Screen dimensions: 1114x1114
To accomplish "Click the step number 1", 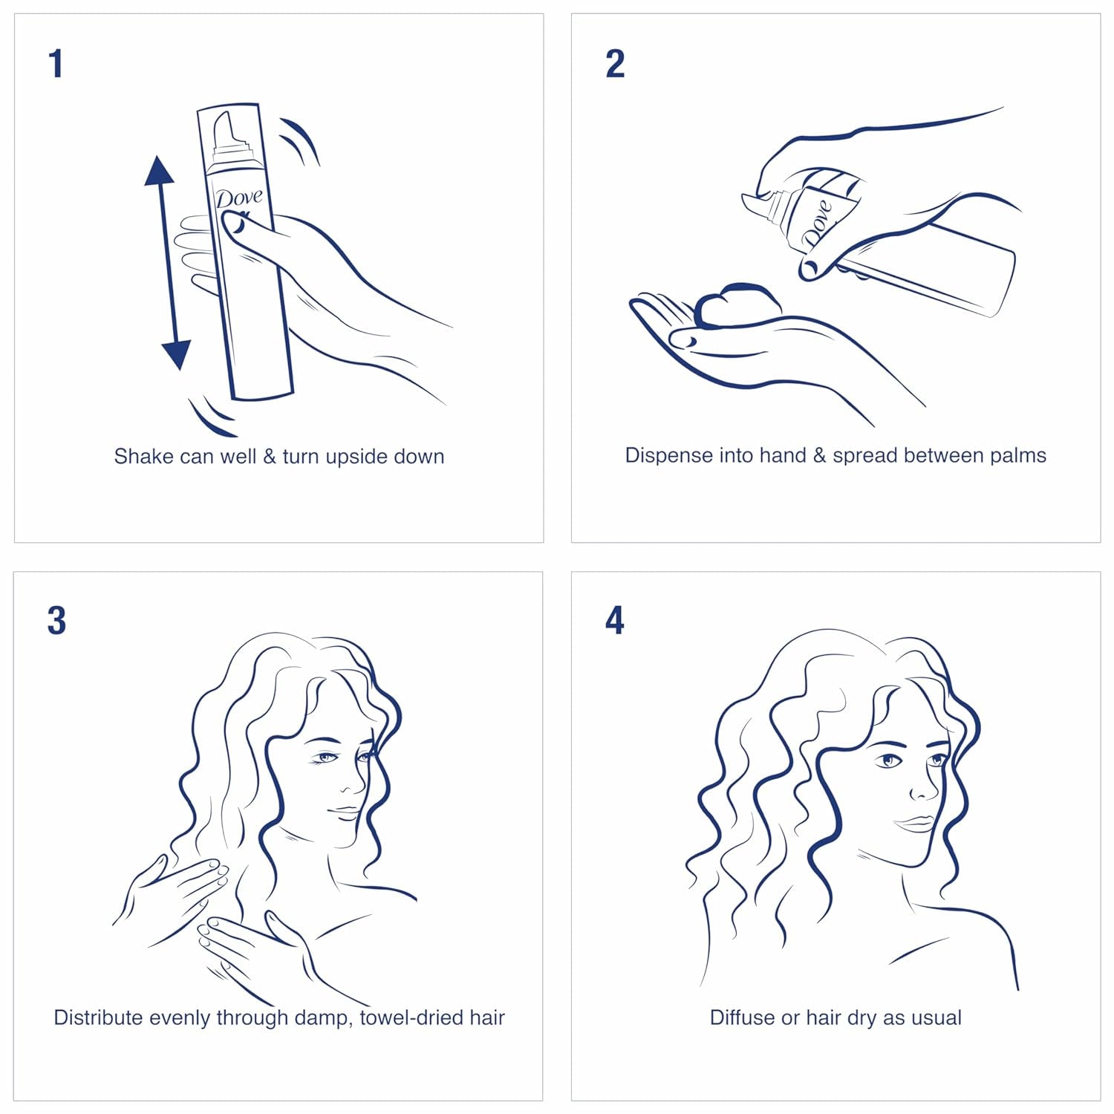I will click(x=56, y=64).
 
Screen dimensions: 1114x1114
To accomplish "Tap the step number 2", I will click(x=615, y=64).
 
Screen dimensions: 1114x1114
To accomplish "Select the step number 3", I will click(x=56, y=621).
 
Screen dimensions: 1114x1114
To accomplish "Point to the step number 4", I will click(x=615, y=621).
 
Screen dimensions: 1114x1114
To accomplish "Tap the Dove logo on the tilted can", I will click(x=816, y=222).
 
